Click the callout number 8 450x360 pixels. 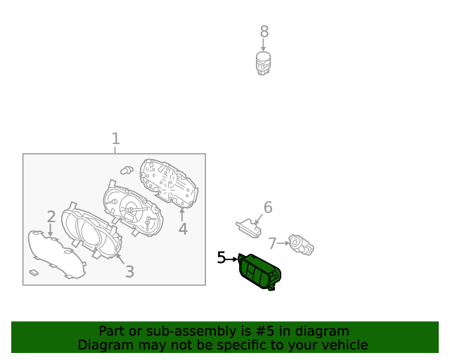(x=264, y=32)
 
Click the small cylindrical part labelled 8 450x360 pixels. (x=263, y=63)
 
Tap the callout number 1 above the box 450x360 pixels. (x=115, y=139)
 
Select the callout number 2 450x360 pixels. (x=51, y=217)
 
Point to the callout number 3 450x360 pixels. (x=129, y=271)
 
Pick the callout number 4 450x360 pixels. (x=183, y=229)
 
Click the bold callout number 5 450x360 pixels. (x=221, y=257)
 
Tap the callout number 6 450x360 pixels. (x=268, y=207)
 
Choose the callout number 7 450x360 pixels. (x=272, y=243)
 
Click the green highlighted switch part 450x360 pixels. (x=259, y=271)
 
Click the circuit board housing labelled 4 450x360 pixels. (x=169, y=183)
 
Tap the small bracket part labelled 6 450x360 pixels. (x=248, y=229)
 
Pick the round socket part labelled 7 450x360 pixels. (x=301, y=244)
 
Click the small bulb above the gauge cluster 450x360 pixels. (x=127, y=170)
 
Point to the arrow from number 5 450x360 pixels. (x=232, y=259)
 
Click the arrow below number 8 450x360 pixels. (x=263, y=45)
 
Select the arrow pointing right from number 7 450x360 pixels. (x=283, y=243)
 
